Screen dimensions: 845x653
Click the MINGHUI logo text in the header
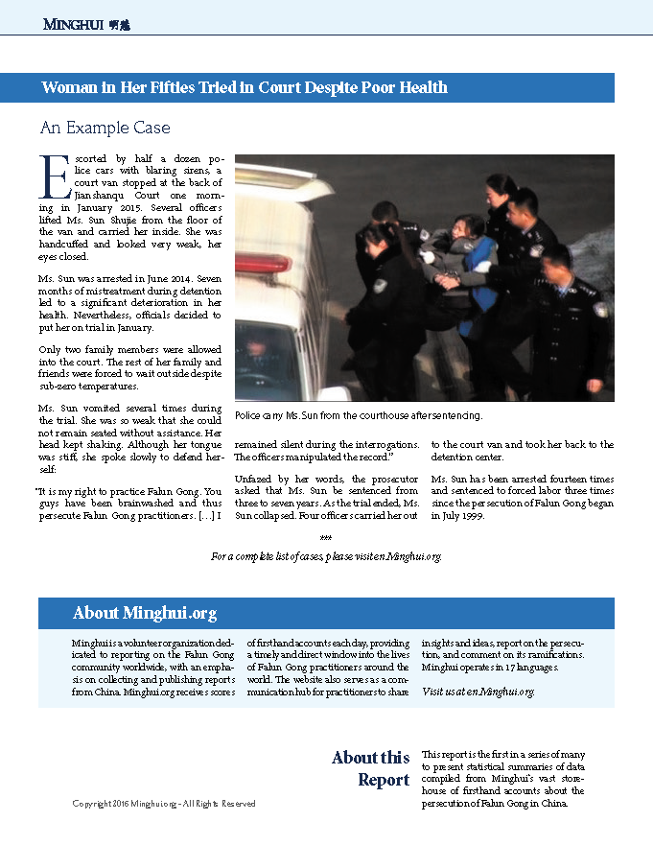pyautogui.click(x=72, y=24)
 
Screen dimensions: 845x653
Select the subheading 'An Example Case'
pyautogui.click(x=105, y=128)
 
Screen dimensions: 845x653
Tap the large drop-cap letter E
pyautogui.click(x=50, y=175)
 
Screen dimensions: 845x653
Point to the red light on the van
pyautogui.click(x=262, y=263)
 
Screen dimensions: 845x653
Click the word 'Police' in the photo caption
pyautogui.click(x=248, y=416)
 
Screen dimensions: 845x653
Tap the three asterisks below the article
pyautogui.click(x=325, y=543)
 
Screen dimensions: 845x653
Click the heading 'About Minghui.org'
pyautogui.click(x=145, y=613)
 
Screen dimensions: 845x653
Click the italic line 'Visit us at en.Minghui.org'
pyautogui.click(x=478, y=691)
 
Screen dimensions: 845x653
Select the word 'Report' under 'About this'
pyautogui.click(x=384, y=780)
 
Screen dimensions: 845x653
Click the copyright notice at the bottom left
pyautogui.click(x=164, y=803)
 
